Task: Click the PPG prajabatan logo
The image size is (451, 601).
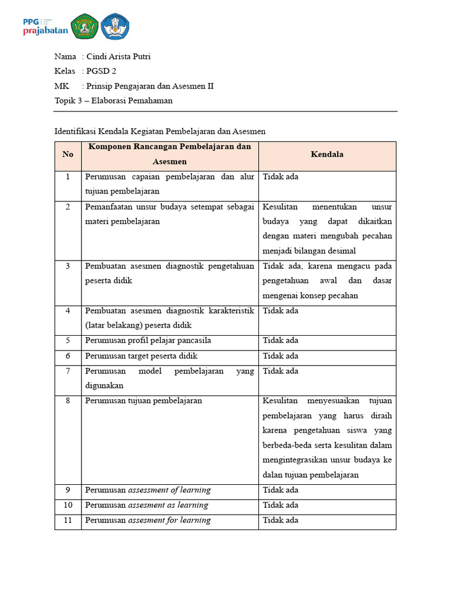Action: point(45,26)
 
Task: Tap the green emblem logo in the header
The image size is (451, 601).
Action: point(85,27)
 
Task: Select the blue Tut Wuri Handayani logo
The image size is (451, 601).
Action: point(115,27)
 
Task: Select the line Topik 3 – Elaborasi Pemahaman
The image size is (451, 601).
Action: point(113,100)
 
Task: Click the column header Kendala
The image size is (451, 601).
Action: point(327,154)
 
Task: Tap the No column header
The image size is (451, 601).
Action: point(68,154)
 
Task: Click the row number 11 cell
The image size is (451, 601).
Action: point(68,520)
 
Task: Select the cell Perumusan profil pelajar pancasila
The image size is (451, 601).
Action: point(148,340)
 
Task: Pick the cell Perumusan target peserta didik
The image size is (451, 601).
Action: point(141,356)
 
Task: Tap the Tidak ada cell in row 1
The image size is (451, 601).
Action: point(281,176)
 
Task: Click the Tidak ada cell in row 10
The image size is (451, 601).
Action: point(281,505)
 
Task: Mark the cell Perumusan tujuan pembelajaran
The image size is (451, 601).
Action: point(143,401)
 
